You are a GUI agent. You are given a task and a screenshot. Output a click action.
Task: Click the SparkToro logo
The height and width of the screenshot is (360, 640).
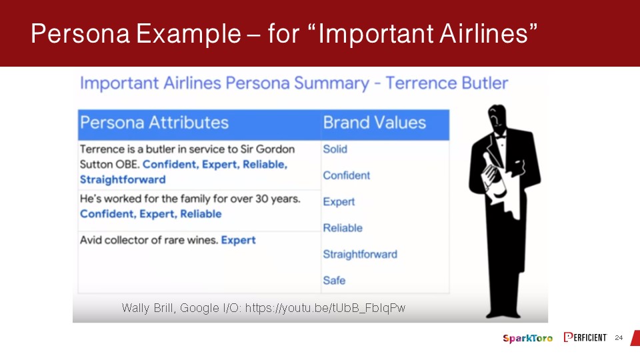click(528, 338)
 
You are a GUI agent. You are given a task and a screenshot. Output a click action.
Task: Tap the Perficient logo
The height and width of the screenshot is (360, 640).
click(585, 337)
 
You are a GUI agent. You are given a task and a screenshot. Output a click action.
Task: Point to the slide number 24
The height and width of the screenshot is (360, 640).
click(619, 337)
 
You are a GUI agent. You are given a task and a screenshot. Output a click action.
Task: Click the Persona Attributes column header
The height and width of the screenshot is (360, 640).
click(154, 123)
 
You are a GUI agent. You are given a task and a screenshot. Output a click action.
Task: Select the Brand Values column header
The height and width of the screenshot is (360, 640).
click(374, 123)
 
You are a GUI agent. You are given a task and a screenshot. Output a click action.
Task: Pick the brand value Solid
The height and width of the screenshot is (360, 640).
click(335, 149)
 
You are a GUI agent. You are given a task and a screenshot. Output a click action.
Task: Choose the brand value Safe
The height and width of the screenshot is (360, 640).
click(334, 281)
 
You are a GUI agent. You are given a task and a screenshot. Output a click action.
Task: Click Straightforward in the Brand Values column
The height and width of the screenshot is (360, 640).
click(360, 254)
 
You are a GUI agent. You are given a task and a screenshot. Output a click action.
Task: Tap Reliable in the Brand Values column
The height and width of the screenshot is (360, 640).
click(343, 228)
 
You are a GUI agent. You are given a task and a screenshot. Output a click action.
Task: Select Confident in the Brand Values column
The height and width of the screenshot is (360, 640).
click(347, 175)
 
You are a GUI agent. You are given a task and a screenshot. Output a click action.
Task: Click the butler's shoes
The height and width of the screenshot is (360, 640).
click(503, 313)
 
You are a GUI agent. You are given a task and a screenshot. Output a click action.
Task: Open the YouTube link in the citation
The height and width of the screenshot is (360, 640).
click(325, 308)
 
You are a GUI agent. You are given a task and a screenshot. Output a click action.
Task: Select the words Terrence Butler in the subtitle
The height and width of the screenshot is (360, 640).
click(447, 83)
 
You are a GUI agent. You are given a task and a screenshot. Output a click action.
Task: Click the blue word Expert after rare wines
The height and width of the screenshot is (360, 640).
click(239, 241)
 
